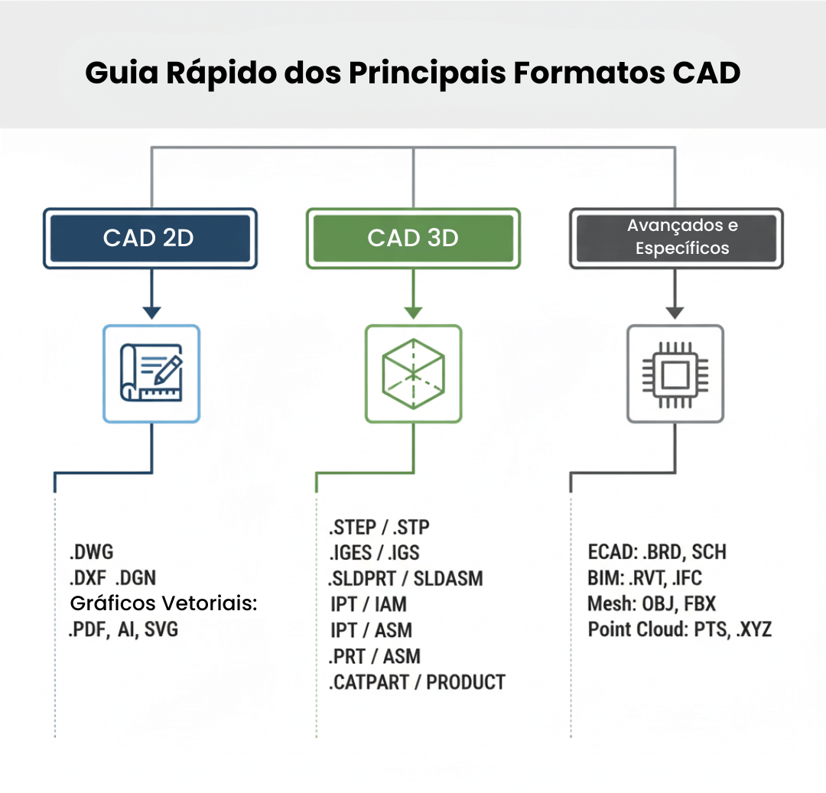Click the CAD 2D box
(150, 238)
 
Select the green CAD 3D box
(413, 238)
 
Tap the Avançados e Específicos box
(676, 238)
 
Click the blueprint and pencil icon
(151, 373)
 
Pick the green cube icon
(413, 373)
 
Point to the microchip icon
(675, 373)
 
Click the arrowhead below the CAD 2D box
(151, 312)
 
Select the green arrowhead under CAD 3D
(413, 312)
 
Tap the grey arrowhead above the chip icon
(675, 312)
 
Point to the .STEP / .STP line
(379, 527)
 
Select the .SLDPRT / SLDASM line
(405, 578)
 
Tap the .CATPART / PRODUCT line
(417, 681)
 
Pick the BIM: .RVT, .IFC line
(645, 578)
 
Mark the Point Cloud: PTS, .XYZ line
(679, 629)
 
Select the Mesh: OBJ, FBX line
(652, 604)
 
